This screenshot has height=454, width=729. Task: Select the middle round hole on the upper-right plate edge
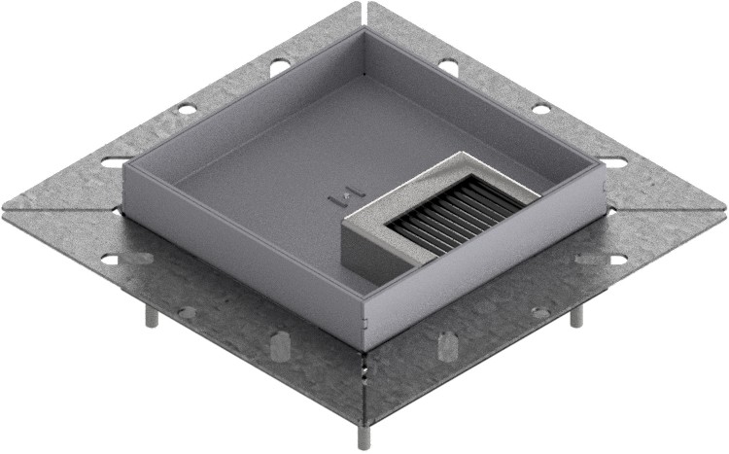[541, 107]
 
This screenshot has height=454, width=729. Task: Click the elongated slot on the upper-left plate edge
[116, 161]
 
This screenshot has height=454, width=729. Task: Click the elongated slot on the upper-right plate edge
[614, 161]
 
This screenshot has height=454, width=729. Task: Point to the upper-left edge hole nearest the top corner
[278, 67]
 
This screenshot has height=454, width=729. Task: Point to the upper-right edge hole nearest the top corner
[448, 67]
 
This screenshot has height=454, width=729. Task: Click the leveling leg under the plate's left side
[152, 317]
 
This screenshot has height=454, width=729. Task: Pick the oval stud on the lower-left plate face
[279, 345]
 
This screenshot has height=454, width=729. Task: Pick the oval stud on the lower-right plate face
[447, 345]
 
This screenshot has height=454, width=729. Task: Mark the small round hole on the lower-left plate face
[186, 312]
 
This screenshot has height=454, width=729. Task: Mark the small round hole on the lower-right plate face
[539, 312]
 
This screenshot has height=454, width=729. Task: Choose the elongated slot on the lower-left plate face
[126, 259]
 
